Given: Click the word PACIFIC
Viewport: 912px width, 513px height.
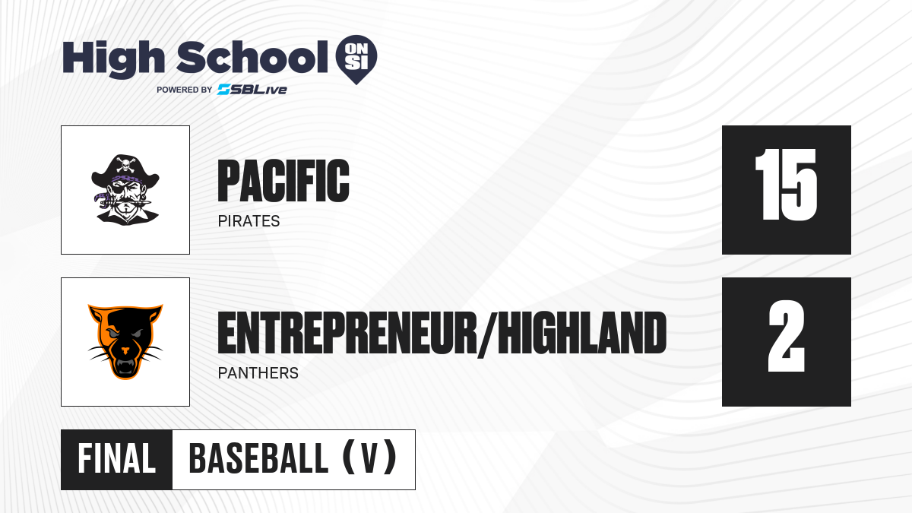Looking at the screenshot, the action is tap(283, 181).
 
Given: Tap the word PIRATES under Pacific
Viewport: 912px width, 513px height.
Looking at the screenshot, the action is tap(249, 221).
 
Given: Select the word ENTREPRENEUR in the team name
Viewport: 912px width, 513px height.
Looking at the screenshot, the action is tap(347, 333).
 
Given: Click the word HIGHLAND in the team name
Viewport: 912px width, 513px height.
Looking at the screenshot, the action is tap(582, 333).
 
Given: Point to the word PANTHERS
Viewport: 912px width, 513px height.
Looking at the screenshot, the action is tap(258, 373).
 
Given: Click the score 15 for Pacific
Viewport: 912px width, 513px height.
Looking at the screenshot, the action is tap(786, 185).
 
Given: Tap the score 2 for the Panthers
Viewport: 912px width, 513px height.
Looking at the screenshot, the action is tap(787, 336).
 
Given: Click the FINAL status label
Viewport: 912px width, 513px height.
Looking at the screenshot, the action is tap(117, 459).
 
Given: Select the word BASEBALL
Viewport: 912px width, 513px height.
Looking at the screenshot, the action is tap(258, 458).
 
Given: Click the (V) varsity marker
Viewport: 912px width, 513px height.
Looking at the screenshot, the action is tap(369, 458).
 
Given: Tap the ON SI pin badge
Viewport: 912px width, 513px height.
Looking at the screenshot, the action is tap(356, 59).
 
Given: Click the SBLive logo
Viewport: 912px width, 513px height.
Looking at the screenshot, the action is tap(252, 90).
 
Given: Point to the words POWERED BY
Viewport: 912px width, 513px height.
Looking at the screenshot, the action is tap(185, 90).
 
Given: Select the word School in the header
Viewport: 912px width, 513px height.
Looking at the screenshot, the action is tap(252, 57).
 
